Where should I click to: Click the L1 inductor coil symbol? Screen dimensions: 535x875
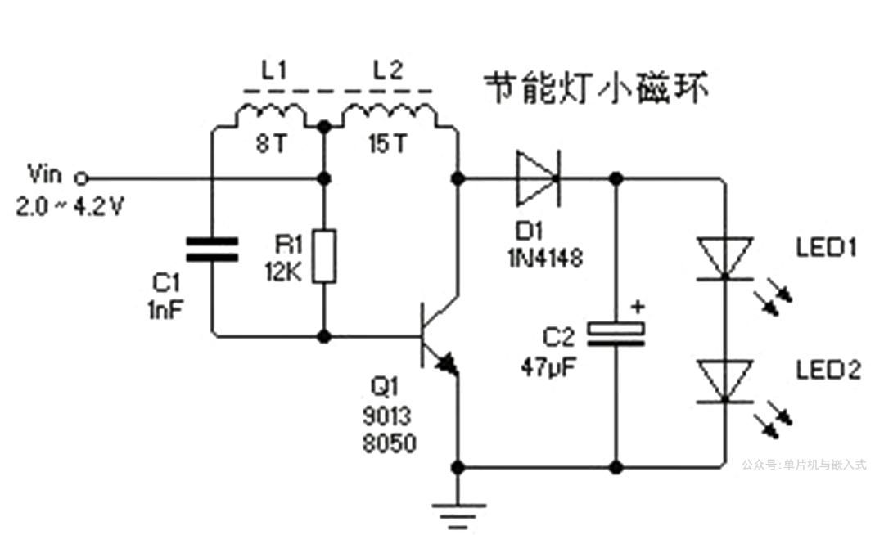tap(271, 116)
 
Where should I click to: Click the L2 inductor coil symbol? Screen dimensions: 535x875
tap(387, 116)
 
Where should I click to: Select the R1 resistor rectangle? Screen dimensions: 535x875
tap(325, 256)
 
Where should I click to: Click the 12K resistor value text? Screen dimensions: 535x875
tap(282, 271)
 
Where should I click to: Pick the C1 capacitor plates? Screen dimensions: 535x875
tap(211, 250)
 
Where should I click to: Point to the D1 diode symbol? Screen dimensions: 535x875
tap(537, 178)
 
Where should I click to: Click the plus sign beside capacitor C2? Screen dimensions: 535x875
tap(638, 307)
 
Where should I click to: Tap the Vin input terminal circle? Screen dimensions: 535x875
tap(80, 178)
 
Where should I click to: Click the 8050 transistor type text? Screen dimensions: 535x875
tap(389, 443)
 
